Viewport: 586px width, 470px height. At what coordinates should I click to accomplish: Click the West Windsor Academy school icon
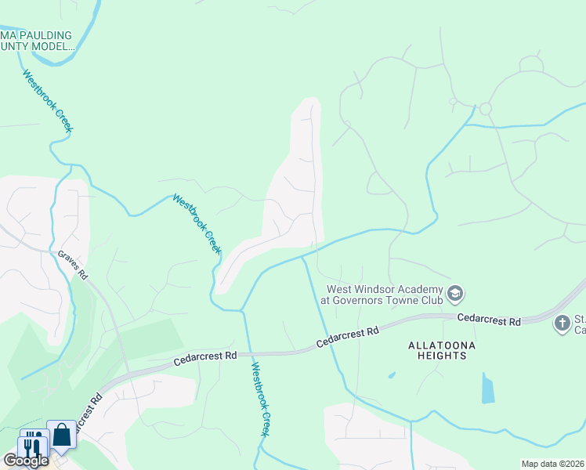[455, 295]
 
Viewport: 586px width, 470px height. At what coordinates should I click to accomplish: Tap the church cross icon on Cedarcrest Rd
[562, 323]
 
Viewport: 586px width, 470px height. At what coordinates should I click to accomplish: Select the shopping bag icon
[61, 436]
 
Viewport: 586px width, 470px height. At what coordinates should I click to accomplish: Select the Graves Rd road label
[71, 266]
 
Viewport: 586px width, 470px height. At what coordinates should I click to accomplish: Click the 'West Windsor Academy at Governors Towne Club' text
[381, 295]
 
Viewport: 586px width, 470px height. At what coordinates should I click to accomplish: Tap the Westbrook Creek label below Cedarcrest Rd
[259, 399]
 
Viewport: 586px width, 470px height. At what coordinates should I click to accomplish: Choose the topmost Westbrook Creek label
[47, 101]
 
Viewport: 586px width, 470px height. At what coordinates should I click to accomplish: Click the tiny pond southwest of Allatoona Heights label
[391, 375]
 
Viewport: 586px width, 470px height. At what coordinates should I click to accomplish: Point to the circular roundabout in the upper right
[485, 109]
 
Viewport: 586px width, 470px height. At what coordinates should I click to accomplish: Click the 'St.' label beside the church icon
[581, 317]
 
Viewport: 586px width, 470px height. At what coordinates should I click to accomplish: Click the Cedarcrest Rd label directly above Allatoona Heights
[347, 338]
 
